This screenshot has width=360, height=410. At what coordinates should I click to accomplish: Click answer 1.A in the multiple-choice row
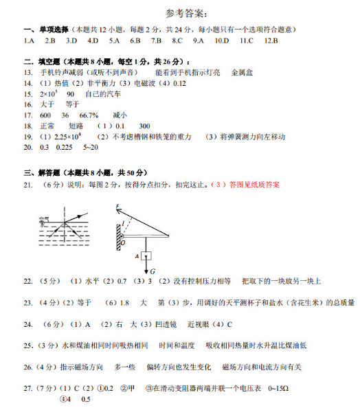(29, 41)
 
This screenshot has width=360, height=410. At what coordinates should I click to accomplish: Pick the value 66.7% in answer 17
(89, 115)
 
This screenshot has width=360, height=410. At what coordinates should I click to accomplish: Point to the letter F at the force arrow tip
(118, 207)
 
